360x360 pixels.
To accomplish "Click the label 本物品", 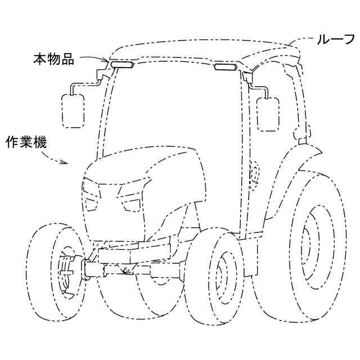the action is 53,59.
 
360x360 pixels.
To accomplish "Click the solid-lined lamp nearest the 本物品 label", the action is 121,65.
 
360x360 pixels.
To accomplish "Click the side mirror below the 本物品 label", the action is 73,110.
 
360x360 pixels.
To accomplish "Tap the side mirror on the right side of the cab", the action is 267,114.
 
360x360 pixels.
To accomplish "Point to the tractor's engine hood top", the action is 143,160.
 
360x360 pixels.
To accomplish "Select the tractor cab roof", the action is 202,51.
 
